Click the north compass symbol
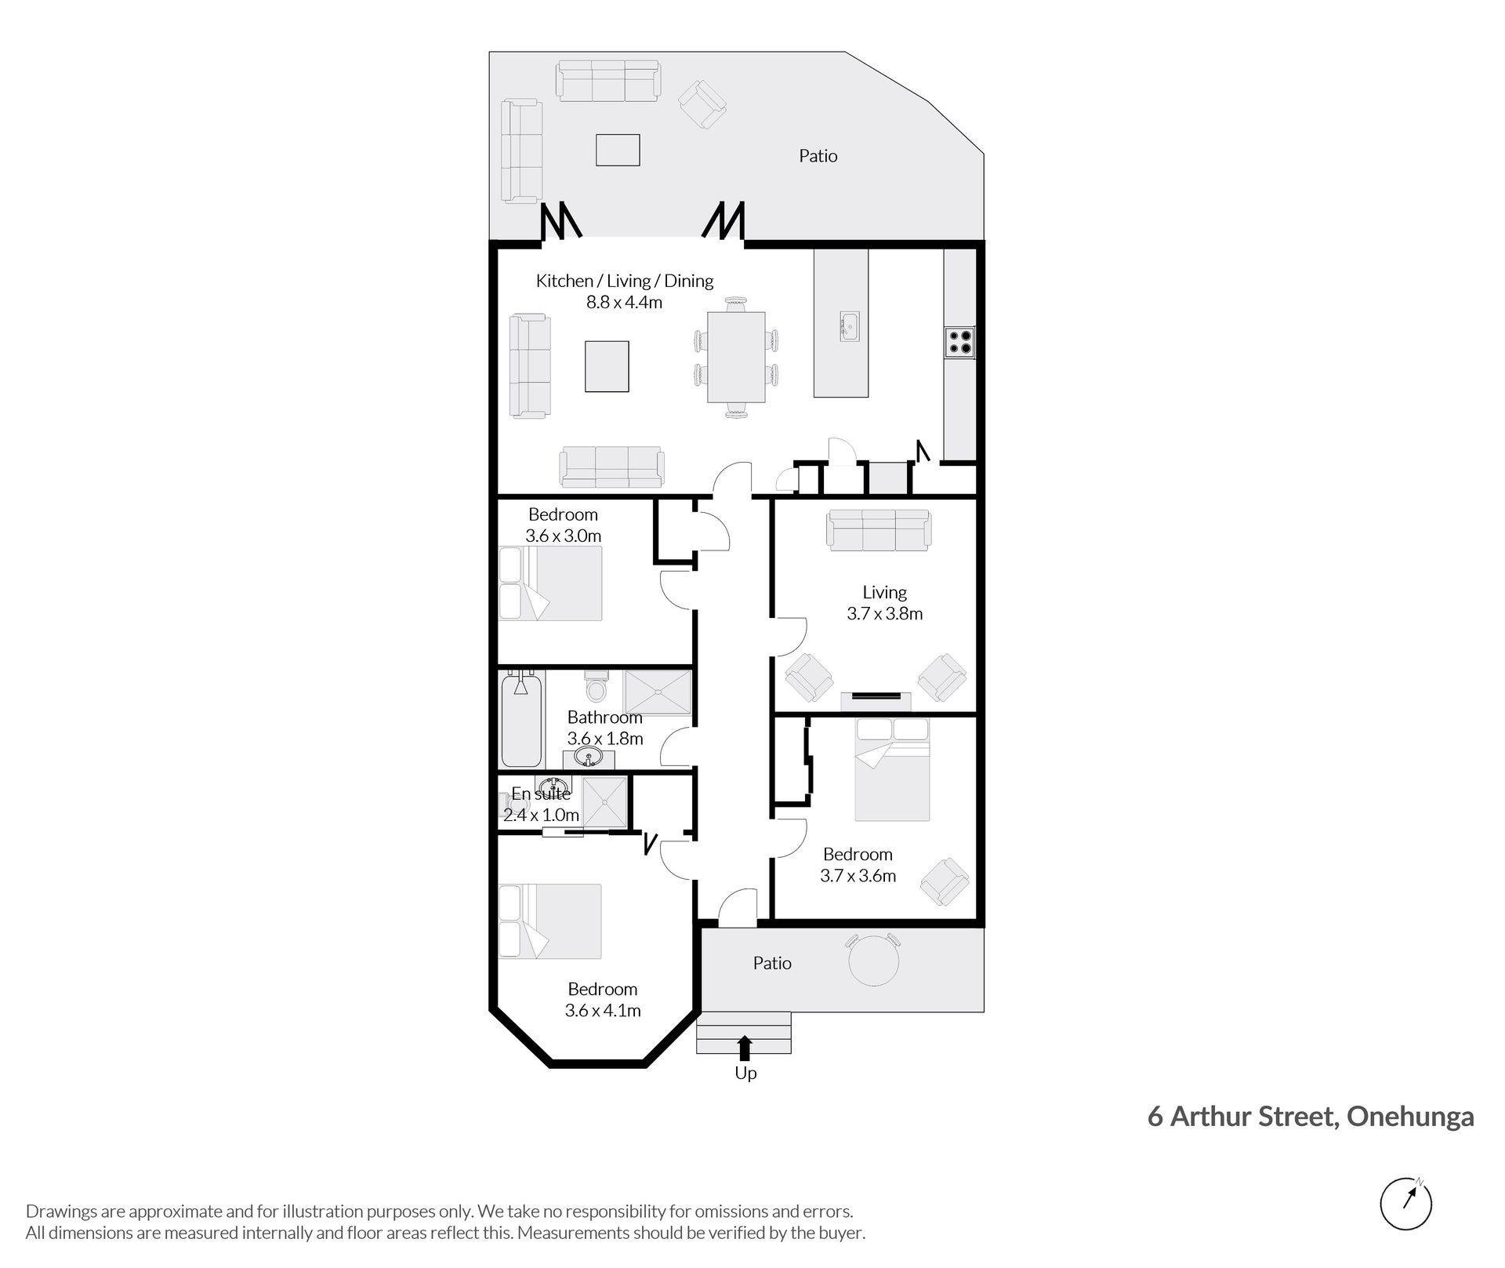click(1405, 1203)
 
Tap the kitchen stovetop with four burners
click(960, 343)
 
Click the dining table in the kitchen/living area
click(737, 357)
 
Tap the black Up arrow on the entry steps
click(745, 1048)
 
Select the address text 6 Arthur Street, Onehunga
click(1311, 1116)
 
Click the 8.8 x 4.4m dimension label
click(625, 302)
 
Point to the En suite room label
click(541, 794)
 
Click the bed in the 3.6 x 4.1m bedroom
click(550, 921)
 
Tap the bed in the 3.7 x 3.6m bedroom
click(892, 770)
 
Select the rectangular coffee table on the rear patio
click(618, 150)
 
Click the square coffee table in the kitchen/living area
click(607, 366)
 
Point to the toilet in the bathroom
click(597, 685)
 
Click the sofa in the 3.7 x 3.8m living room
click(879, 529)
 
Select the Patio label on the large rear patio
click(818, 156)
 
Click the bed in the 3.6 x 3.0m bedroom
click(550, 583)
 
